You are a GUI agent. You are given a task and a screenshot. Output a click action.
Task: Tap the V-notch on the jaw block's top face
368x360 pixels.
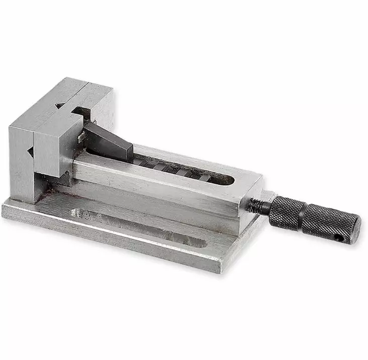(60, 105)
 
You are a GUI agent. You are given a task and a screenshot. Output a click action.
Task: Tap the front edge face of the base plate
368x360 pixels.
(111, 241)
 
